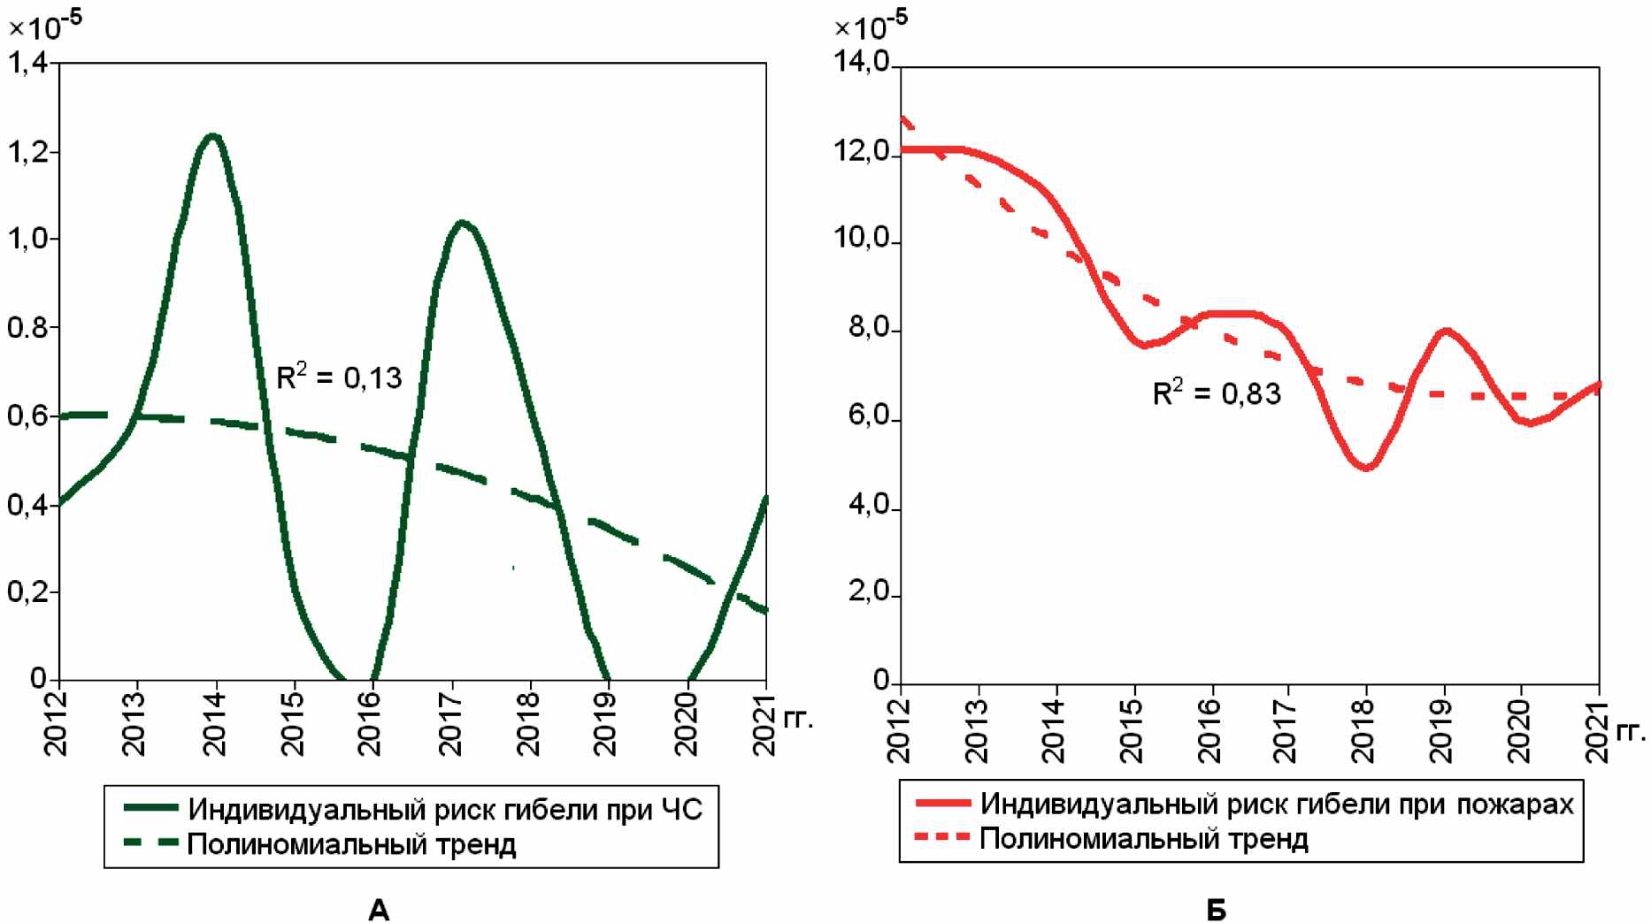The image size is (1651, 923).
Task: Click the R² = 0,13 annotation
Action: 339,378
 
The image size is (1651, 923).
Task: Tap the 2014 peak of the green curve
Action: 212,136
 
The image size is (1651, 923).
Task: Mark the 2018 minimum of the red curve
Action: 1366,467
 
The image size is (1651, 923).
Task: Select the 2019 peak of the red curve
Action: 1445,331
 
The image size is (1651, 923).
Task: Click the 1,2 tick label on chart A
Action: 28,152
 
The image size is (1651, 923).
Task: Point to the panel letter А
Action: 379,909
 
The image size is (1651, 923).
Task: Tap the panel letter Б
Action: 1217,909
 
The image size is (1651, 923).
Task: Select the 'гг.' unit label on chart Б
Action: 1630,731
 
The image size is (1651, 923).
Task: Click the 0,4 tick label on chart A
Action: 28,506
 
